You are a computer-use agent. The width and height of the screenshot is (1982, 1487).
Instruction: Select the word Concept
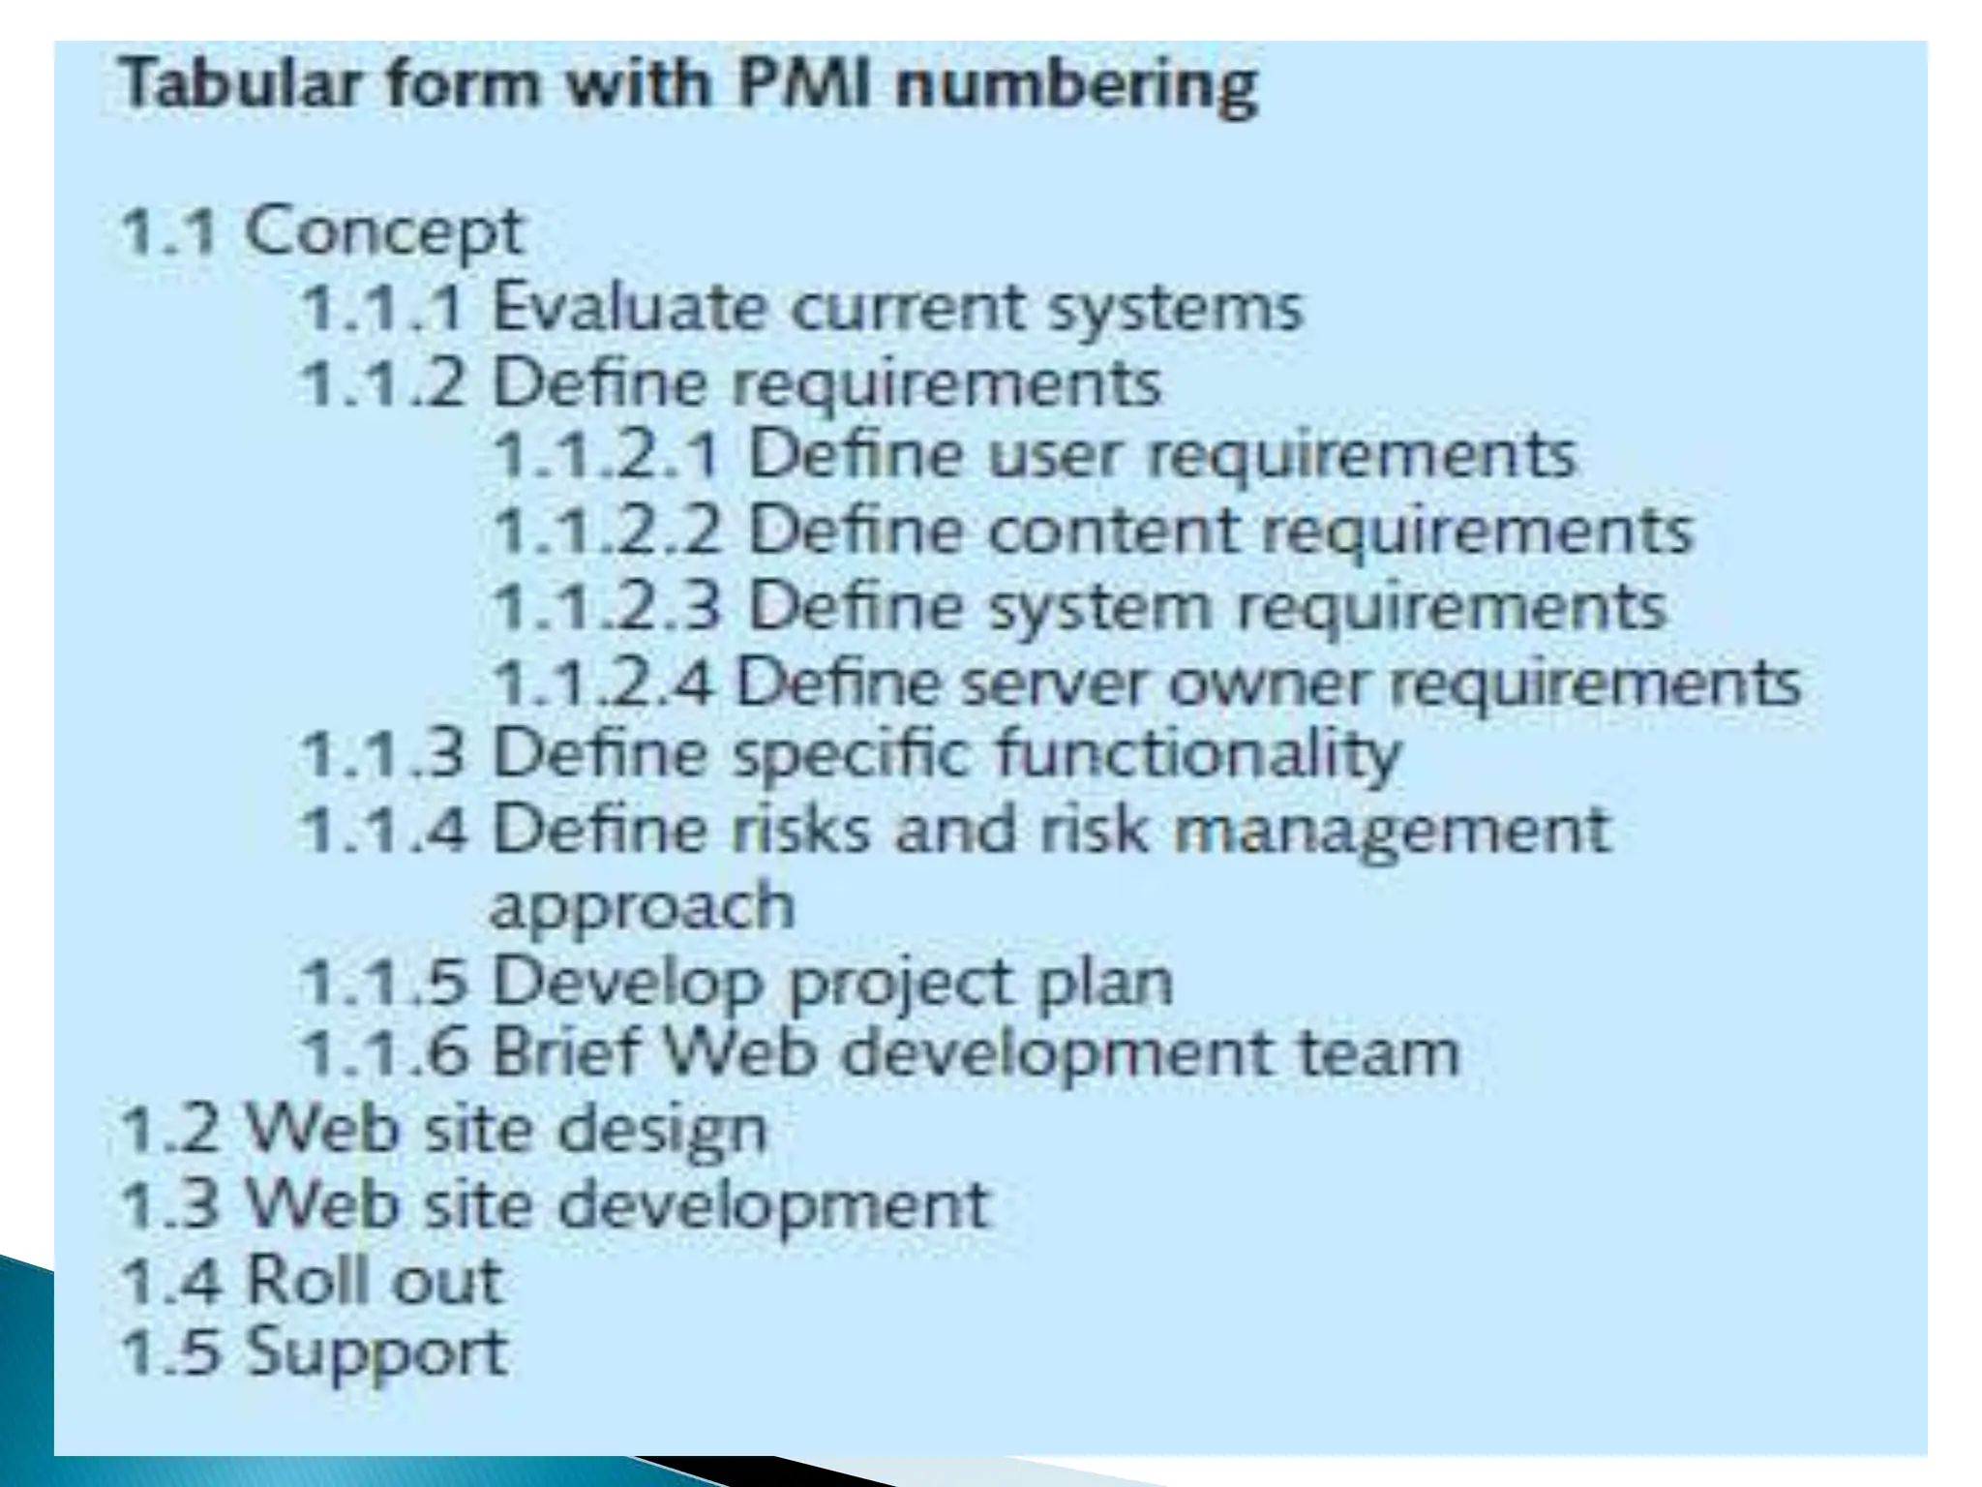(x=383, y=233)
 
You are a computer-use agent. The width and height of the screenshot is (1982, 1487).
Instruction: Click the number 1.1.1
(x=383, y=308)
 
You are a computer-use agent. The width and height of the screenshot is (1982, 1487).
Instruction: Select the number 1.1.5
(x=383, y=982)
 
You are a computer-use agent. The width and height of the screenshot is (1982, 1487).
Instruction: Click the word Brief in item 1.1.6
(x=565, y=1052)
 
